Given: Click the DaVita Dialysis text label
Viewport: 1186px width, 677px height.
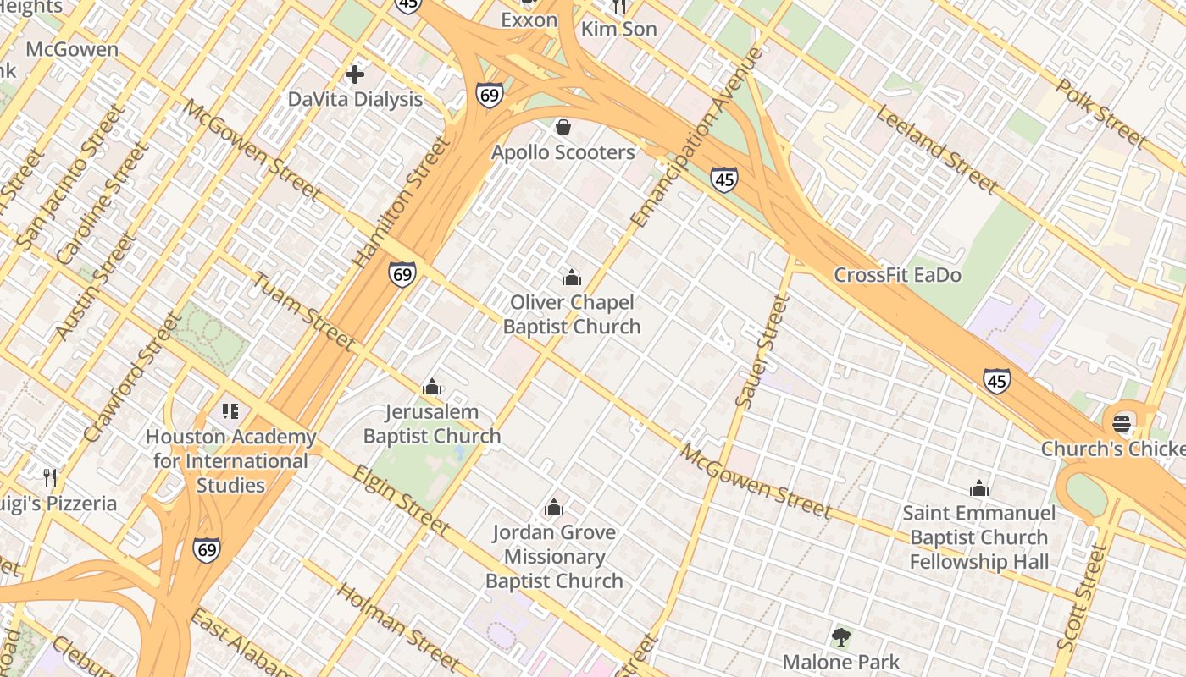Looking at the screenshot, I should point(355,99).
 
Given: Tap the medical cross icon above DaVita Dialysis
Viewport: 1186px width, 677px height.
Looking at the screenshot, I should point(355,74).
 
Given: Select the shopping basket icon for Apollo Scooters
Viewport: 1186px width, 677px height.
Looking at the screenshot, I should point(563,127).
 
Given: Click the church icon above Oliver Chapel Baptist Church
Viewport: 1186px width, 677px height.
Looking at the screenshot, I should point(572,278).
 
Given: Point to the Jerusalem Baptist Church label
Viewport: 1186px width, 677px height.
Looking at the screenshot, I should point(432,424).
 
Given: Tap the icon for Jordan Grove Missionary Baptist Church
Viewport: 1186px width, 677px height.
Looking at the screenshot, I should point(554,507).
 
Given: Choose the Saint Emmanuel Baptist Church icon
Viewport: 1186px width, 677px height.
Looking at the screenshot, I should point(979,488).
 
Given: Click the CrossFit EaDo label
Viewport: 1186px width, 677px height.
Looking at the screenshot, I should point(897,275).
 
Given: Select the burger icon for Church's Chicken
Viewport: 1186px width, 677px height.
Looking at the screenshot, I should point(1122,423).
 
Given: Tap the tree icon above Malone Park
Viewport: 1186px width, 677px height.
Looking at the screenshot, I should point(840,636).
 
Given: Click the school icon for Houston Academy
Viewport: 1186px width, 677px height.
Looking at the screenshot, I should point(230,412).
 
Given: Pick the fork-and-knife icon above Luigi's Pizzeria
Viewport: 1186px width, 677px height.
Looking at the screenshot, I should point(50,478).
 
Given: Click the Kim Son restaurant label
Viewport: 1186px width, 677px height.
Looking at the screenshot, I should point(618,29).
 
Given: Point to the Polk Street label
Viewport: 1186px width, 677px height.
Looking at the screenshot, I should point(1101,113).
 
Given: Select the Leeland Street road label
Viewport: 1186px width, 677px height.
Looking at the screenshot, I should point(936,149).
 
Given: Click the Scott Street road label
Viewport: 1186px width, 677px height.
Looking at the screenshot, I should point(1083,597).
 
